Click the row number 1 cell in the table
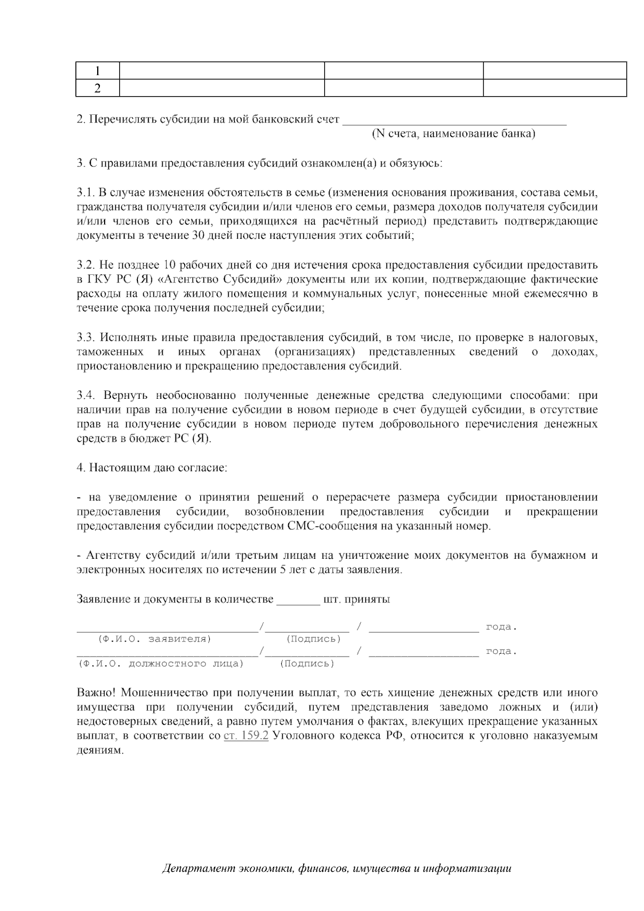pos(97,71)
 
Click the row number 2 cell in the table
pos(97,88)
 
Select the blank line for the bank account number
pos(454,120)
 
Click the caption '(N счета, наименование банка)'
pos(453,134)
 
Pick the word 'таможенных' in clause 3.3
pos(110,352)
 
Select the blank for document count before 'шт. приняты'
pos(298,600)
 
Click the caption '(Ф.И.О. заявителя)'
pos(154,639)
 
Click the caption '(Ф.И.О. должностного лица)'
pos(161,664)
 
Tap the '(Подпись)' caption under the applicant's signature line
pos(313,639)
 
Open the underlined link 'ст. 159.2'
pos(245,736)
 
